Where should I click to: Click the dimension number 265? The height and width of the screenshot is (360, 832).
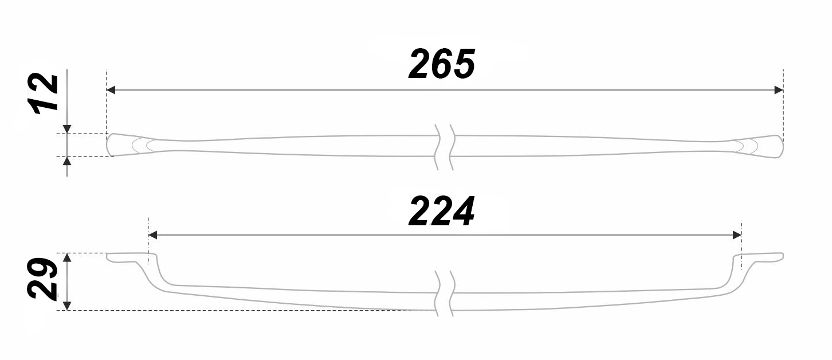[x=442, y=64]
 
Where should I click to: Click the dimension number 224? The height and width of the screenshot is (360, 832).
[x=441, y=212]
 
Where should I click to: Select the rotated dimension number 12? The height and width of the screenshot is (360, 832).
[x=44, y=94]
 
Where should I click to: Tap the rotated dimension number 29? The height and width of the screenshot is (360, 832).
[x=43, y=279]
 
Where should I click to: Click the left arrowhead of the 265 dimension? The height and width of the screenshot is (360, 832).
[x=112, y=90]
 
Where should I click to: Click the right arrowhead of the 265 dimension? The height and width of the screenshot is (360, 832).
[x=778, y=90]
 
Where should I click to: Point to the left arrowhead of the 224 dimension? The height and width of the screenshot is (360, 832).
[x=153, y=235]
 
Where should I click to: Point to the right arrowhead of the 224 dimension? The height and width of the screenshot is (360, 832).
[x=737, y=235]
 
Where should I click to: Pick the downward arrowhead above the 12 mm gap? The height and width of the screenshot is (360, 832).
[x=67, y=129]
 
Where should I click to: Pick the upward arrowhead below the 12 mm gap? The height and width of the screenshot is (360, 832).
[x=67, y=161]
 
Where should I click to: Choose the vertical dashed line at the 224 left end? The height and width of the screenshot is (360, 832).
[x=148, y=241]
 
